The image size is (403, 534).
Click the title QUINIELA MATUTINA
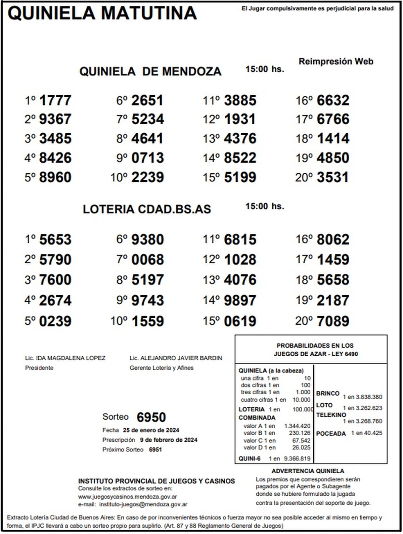[102, 13]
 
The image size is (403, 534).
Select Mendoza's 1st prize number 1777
[55, 100]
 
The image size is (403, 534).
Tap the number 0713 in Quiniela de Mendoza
[147, 158]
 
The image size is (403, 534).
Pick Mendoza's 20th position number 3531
[332, 177]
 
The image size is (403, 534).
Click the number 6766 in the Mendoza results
[333, 119]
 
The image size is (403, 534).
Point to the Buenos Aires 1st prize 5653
[55, 239]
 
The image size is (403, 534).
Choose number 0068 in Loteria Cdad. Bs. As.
[147, 260]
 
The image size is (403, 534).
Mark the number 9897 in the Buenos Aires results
[240, 300]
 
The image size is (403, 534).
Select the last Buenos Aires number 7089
[333, 321]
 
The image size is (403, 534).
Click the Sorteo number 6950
[151, 417]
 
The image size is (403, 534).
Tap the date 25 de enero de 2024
[151, 430]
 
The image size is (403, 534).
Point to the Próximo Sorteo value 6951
[155, 450]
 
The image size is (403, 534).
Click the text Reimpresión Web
[336, 61]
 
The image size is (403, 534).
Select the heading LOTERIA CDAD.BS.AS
[147, 209]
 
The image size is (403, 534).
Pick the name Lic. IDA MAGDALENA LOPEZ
[65, 358]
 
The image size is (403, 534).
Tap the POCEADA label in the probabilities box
[331, 434]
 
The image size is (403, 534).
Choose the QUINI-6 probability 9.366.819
[297, 458]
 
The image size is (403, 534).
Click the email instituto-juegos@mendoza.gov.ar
[143, 504]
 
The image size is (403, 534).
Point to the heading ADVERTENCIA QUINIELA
[308, 471]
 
